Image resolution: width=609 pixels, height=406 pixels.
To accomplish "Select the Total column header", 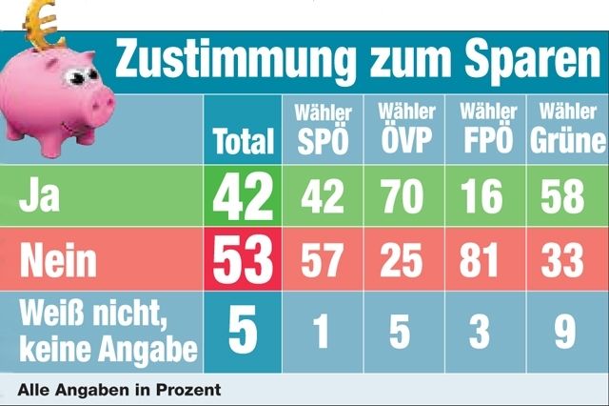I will point(243,143).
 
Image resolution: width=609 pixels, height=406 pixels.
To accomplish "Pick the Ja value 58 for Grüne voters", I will point(566,196).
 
